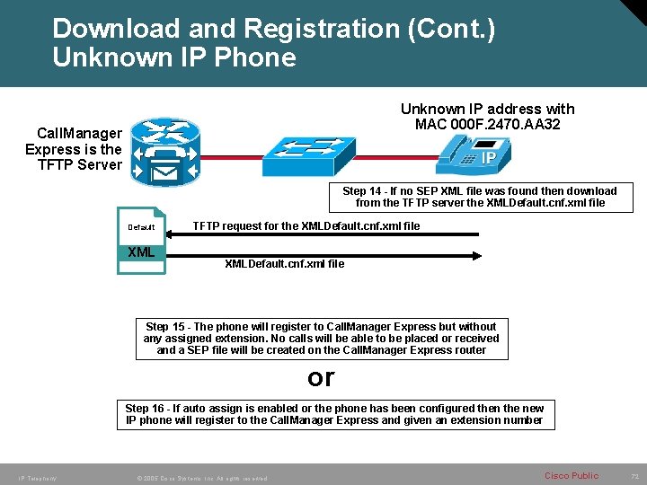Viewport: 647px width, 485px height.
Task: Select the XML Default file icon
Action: [x=142, y=241]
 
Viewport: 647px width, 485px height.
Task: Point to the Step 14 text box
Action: [x=480, y=197]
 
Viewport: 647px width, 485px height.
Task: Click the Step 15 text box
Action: [x=321, y=338]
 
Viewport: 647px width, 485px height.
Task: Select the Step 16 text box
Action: [x=334, y=414]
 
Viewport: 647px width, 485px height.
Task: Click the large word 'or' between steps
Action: [x=321, y=378]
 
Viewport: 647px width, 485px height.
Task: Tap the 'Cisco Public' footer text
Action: [x=571, y=475]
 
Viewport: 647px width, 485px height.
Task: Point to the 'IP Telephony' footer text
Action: [x=37, y=478]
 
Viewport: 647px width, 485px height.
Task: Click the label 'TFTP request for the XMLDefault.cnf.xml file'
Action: [x=306, y=226]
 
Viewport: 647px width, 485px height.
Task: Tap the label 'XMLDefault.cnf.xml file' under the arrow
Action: [x=283, y=264]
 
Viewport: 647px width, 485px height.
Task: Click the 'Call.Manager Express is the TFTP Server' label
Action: [x=74, y=148]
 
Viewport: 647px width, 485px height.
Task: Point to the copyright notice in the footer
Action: [x=199, y=478]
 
